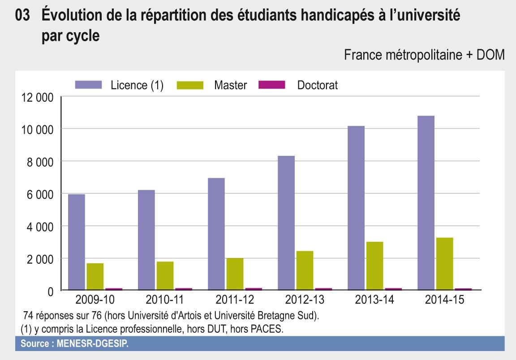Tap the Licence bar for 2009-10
pos(77,242)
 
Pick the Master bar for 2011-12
pos(235,274)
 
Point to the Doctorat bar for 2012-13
pos(324,289)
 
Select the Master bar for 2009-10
pos(95,277)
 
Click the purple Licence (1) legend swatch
pos(89,85)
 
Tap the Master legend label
pos(230,85)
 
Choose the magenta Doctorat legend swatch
pos(272,85)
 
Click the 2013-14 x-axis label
pos(375,300)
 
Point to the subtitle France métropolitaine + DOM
pos(424,56)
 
